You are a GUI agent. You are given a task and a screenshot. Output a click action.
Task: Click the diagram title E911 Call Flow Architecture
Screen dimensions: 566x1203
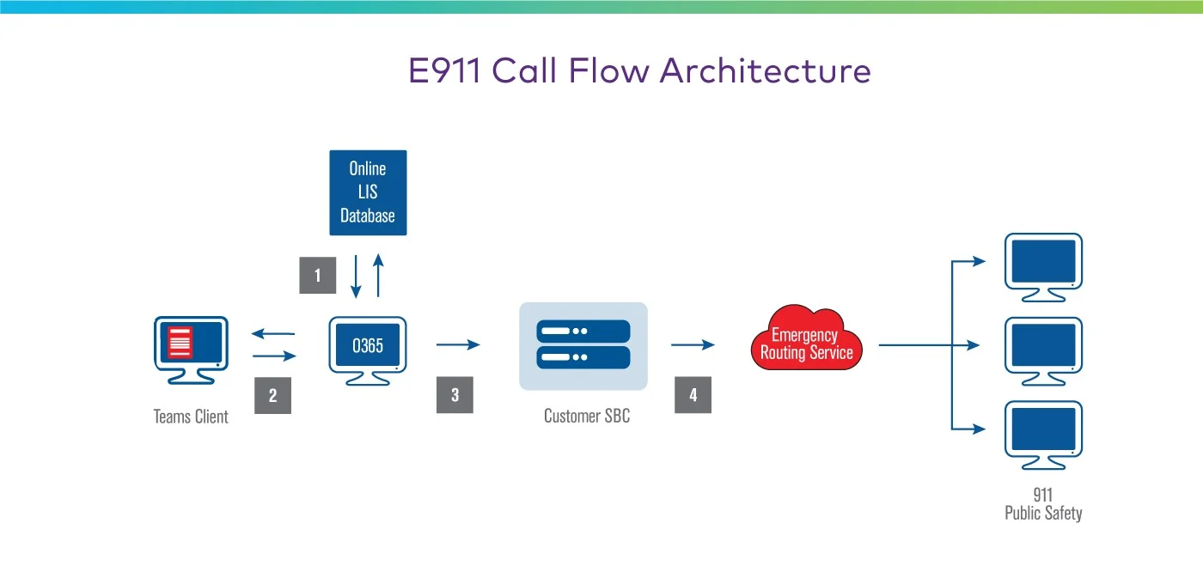639,70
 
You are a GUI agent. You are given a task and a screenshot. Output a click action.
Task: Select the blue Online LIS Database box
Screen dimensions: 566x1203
368,192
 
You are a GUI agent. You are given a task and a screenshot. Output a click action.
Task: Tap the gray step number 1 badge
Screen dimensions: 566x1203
318,276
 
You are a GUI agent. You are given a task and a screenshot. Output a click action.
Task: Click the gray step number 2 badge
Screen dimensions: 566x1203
272,396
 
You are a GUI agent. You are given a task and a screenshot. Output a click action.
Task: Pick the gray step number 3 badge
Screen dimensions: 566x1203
455,395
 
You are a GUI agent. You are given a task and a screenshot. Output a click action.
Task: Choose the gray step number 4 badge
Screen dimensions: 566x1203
693,395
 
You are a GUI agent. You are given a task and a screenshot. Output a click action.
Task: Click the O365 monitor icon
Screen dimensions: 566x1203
368,347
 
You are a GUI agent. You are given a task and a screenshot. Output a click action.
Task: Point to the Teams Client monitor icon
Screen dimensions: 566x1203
191,347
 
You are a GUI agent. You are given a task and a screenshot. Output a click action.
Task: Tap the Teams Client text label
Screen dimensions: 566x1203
191,417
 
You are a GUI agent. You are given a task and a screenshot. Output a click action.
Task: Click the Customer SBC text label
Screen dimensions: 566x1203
586,417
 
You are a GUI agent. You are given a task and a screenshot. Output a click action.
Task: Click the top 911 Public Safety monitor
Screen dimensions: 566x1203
1043,265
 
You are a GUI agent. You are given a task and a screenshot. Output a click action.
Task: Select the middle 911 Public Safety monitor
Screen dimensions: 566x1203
1043,348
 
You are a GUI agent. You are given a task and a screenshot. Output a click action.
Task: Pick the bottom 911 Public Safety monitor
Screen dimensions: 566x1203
1043,432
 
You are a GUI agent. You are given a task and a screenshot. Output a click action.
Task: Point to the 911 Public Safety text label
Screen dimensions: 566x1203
1043,504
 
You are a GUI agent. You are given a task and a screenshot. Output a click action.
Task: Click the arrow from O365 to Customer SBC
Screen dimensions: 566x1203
458,345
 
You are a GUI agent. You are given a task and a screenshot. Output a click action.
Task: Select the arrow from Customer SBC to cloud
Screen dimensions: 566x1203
693,345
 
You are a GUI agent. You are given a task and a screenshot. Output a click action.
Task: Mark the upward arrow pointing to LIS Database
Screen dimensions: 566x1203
377,275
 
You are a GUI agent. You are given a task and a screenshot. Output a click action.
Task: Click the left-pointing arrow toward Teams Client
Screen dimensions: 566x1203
273,334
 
